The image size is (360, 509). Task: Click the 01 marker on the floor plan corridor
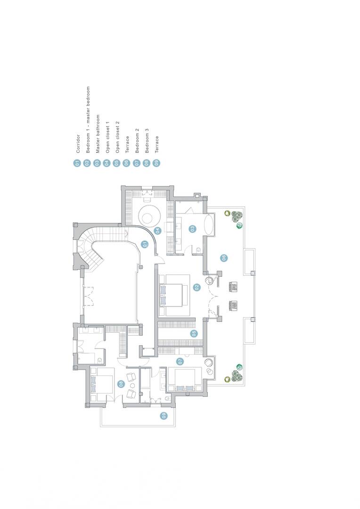pos(145,244)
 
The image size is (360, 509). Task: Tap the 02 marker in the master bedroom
pos(196,287)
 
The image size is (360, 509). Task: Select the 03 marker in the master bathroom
pos(193,229)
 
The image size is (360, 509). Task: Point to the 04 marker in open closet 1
pos(158,231)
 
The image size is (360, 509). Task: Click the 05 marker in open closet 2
pos(194,333)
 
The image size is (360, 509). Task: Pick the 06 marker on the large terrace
pos(224,258)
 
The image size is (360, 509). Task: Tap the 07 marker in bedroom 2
pos(180,361)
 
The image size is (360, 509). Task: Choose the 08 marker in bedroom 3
pos(121,384)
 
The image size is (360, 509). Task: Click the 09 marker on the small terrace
pos(164,416)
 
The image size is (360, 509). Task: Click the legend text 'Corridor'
pos(78,144)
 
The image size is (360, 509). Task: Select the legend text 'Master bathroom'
pos(98,134)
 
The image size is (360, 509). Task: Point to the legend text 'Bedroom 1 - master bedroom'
pos(88,120)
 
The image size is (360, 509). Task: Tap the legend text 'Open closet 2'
pos(117,137)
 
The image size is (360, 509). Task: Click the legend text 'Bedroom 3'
pos(147,141)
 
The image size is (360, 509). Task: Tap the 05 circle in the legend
pos(117,163)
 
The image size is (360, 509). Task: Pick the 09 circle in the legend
pos(156,163)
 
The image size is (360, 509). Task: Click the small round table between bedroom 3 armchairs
pos(132,386)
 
